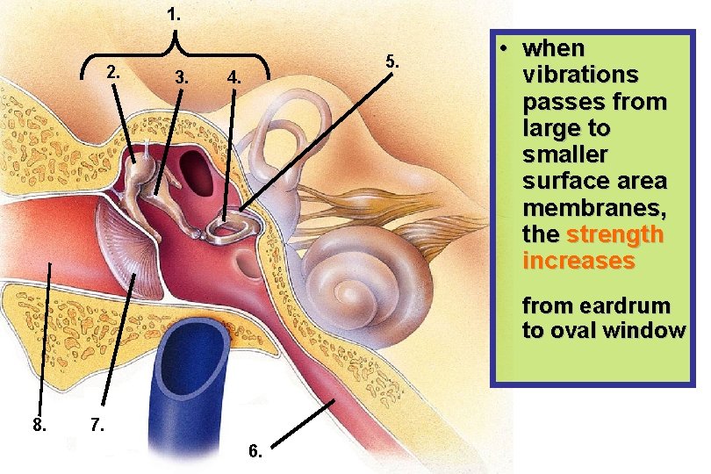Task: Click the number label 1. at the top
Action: coord(174,14)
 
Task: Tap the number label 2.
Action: coord(112,72)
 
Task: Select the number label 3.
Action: coord(182,77)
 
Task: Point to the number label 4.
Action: coord(233,77)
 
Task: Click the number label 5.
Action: coord(392,61)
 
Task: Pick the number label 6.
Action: coord(255,451)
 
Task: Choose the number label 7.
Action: coord(98,426)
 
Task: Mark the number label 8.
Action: coord(39,426)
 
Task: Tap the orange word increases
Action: coord(578,262)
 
